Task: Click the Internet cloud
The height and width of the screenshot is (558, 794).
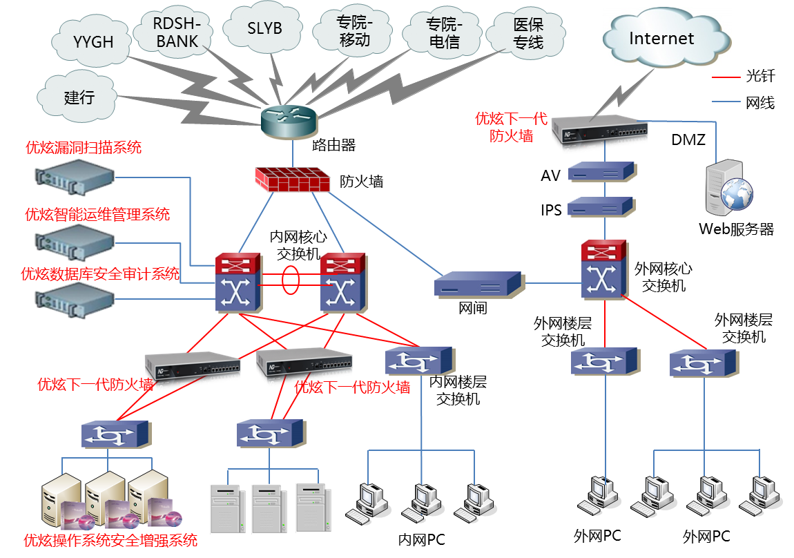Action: tap(661, 39)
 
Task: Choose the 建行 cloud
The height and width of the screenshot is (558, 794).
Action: tap(79, 97)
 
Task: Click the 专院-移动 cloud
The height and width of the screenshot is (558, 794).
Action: tap(354, 32)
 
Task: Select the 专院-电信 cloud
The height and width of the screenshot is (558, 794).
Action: tap(444, 33)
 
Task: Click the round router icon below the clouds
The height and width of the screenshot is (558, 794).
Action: tap(290, 122)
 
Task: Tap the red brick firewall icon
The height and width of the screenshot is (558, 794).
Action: tap(292, 179)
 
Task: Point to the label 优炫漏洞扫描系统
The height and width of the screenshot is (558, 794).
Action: tap(84, 148)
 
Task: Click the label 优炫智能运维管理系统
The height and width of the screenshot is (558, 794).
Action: tap(97, 215)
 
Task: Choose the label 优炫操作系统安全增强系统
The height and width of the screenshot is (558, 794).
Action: tap(110, 539)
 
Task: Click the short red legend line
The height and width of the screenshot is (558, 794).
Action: tap(726, 79)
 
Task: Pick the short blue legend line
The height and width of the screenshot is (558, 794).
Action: tap(726, 102)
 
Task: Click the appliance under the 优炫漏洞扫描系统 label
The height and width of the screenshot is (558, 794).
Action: tap(75, 175)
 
